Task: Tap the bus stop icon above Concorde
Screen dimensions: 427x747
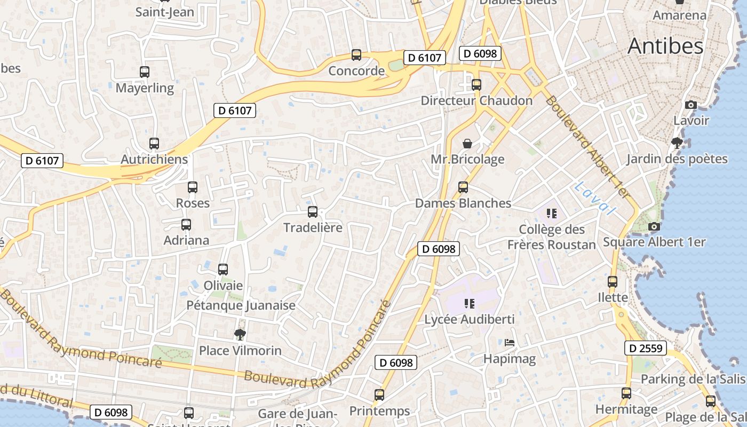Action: click(356, 54)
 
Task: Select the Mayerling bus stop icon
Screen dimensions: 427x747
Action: click(144, 72)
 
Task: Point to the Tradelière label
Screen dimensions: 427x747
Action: click(313, 228)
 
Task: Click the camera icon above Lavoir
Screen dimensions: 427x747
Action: click(691, 105)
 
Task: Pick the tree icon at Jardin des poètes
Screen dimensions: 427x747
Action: click(677, 143)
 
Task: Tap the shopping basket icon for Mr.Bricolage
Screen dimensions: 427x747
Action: click(467, 143)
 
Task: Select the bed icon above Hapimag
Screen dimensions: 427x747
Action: click(510, 343)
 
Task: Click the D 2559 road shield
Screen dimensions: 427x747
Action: click(646, 349)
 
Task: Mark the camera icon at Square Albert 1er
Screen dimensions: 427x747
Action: click(654, 226)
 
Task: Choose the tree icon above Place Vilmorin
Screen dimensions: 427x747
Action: click(240, 335)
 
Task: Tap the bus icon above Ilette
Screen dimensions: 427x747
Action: click(613, 281)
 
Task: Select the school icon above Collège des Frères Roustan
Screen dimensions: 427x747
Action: click(552, 213)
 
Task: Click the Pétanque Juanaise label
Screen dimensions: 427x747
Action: click(241, 305)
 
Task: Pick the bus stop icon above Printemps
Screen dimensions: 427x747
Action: click(379, 395)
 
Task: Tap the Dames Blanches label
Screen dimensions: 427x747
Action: click(463, 203)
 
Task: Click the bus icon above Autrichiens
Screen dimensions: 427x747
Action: click(154, 143)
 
